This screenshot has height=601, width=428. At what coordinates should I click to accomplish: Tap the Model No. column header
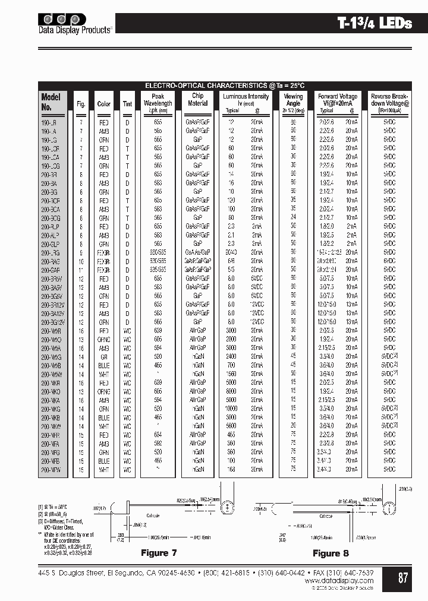[51, 102]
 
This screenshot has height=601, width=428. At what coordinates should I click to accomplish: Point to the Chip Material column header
[197, 99]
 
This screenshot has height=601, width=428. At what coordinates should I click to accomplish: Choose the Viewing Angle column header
[293, 99]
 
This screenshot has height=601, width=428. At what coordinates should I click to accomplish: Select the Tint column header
[127, 104]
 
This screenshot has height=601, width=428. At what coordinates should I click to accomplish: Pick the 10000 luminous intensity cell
[232, 409]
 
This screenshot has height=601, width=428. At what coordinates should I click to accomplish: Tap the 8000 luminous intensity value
[232, 392]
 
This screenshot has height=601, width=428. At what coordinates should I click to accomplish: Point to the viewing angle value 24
[293, 218]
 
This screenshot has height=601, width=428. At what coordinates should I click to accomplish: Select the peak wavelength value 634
[158, 435]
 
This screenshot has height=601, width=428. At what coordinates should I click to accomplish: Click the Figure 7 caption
[159, 553]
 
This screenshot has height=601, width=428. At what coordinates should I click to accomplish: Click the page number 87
[403, 577]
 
